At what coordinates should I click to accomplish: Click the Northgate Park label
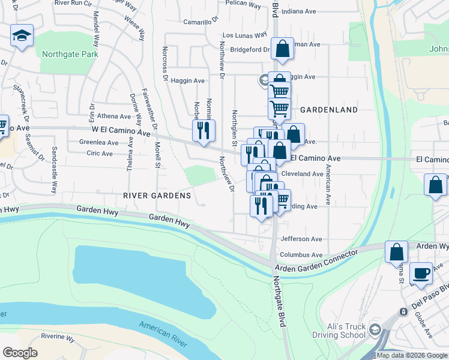69,53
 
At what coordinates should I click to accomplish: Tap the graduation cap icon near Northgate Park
22,36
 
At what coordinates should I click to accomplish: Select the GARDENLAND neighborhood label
328,110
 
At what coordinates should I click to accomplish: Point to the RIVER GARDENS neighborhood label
157,196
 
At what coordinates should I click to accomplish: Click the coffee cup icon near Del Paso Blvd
421,274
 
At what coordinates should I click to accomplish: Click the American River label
163,334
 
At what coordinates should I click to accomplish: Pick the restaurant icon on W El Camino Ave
203,130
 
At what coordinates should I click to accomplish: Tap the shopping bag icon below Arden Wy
396,252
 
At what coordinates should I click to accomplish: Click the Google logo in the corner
20,353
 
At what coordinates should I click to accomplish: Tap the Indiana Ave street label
298,11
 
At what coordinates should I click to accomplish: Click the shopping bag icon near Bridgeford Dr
282,49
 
